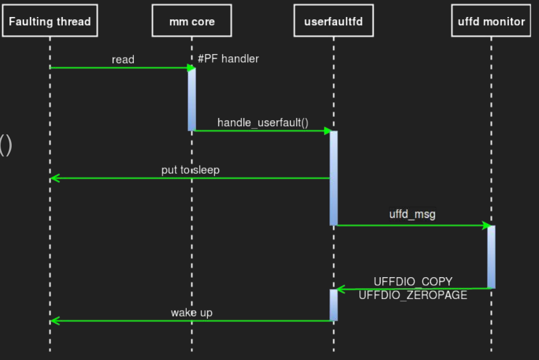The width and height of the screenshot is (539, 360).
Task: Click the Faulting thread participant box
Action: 50,22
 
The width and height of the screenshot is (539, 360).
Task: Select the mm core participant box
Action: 191,22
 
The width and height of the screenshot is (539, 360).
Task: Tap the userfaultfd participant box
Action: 333,22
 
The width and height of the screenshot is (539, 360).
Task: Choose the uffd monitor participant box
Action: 491,22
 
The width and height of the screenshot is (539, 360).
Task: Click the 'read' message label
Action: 123,59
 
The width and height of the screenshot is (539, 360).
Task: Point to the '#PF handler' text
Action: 228,59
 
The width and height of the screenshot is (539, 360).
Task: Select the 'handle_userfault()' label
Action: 262,122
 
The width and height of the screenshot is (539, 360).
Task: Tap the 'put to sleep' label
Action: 190,170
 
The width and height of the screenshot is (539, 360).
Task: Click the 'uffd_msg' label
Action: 412,214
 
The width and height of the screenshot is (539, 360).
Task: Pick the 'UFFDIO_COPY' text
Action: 413,282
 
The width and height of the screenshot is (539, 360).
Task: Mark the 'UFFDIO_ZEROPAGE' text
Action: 413,295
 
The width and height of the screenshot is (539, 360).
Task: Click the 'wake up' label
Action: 191,312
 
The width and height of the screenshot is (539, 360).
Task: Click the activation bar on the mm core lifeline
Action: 191,99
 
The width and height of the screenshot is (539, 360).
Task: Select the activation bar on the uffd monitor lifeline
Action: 491,257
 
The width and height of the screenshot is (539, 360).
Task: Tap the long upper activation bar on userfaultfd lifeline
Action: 333,177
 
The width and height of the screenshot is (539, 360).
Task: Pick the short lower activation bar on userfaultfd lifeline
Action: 333,304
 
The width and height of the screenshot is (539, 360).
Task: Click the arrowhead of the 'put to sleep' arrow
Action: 54,178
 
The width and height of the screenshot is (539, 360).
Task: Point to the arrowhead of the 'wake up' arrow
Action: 54,321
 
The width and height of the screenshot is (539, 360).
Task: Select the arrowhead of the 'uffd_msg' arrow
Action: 486,226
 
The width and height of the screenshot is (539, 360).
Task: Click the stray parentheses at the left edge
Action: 5,145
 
